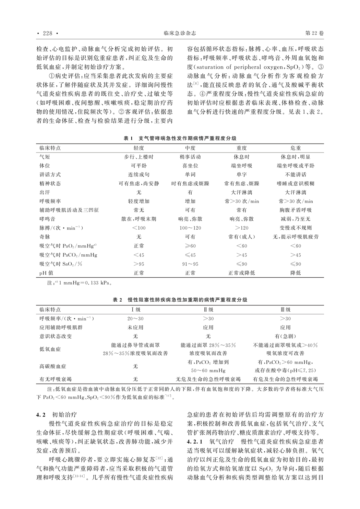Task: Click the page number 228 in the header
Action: (x=47, y=34)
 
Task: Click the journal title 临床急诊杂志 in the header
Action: (x=180, y=34)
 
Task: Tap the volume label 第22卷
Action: (x=314, y=34)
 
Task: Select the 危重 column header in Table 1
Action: (x=296, y=148)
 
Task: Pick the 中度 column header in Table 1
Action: (x=190, y=148)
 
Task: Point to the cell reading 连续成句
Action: (x=139, y=174)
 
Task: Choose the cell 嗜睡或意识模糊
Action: (x=296, y=183)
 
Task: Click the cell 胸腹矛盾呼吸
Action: (x=296, y=210)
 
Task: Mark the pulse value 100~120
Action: (x=190, y=228)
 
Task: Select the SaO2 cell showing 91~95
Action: (x=190, y=264)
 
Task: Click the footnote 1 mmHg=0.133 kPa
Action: (x=82, y=283)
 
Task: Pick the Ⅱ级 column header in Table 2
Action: (x=208, y=310)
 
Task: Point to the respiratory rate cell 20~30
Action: (x=135, y=318)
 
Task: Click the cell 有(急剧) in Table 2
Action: (x=285, y=336)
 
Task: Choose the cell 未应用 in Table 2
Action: (x=135, y=327)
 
